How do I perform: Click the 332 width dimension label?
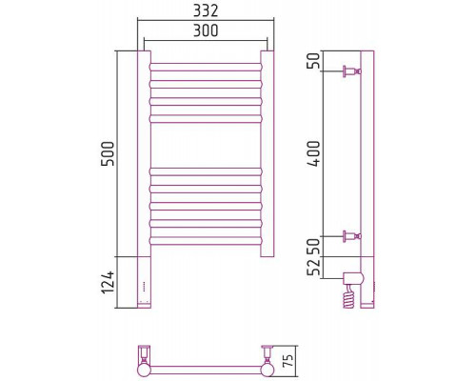206,10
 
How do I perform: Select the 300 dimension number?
206,30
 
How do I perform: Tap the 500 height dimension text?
108,153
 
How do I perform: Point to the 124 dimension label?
108,282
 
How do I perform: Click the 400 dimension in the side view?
315,153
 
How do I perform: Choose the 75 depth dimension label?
288,361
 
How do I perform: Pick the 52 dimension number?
315,268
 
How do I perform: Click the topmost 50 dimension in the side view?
315,61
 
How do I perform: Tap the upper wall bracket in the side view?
351,71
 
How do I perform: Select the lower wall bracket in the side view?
351,236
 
